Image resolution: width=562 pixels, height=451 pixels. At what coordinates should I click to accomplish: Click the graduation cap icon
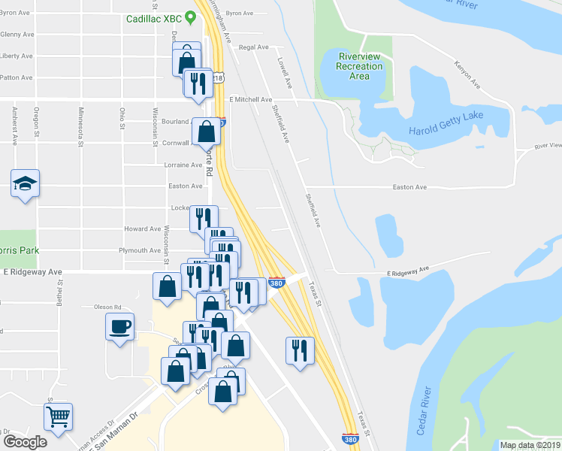coord(25,183)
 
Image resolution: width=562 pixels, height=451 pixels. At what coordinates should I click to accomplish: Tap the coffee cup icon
coord(120,327)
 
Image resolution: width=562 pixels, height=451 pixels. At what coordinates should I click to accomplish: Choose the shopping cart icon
coord(58,416)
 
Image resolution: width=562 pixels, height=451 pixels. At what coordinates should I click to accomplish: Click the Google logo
coord(25,441)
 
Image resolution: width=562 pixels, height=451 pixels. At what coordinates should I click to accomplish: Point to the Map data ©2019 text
coord(530,445)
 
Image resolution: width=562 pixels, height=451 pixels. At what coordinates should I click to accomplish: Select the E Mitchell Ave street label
coord(251,99)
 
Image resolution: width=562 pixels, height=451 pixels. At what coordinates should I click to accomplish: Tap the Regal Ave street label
coord(253,47)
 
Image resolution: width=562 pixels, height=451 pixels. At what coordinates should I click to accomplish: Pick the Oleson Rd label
coord(107,307)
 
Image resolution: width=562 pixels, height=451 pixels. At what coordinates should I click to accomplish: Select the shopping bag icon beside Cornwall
coord(206,132)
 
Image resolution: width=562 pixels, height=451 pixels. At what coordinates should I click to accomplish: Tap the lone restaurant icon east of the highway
coord(299,350)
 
